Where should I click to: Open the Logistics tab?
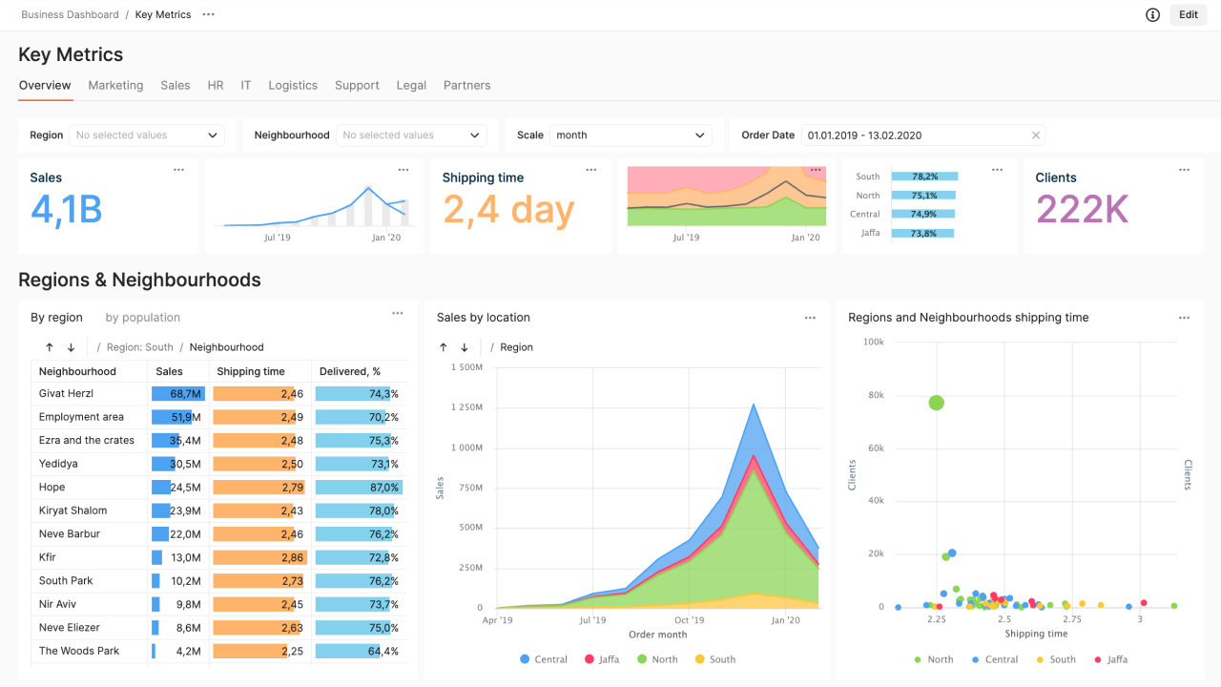click(x=293, y=85)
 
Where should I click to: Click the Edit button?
click(x=1188, y=14)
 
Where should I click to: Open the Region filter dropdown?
click(x=146, y=135)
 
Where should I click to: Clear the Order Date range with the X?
click(x=1036, y=135)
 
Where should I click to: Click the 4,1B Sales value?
click(x=66, y=210)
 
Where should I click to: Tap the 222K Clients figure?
click(x=1082, y=210)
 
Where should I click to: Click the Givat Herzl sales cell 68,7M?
click(x=178, y=394)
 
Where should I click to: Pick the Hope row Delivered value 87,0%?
click(x=359, y=488)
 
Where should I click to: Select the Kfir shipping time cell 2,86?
click(x=259, y=558)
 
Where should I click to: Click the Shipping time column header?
click(x=251, y=371)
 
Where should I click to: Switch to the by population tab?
click(x=142, y=318)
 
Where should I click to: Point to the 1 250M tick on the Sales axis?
click(x=466, y=407)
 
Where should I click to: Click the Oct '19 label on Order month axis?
click(x=689, y=620)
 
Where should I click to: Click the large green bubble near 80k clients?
click(x=936, y=403)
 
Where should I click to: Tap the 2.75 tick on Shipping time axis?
click(x=1072, y=620)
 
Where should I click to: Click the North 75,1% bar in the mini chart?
click(x=923, y=196)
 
